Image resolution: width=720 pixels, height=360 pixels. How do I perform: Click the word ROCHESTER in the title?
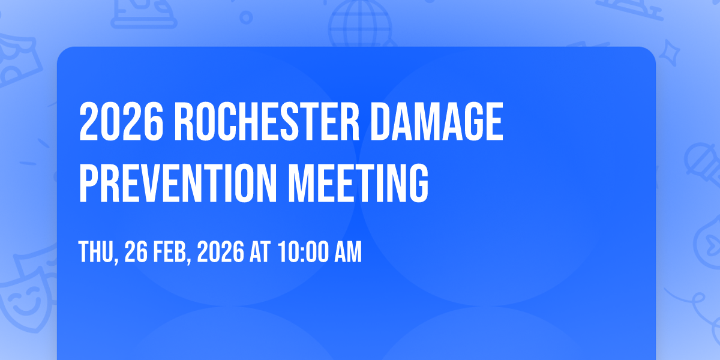click(266, 121)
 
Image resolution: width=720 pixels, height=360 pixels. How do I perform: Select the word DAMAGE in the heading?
click(437, 121)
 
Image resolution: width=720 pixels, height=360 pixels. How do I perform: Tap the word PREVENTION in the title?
click(178, 183)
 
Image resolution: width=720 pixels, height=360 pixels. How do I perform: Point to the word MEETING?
click(358, 183)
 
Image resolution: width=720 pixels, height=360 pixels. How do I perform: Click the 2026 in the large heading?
click(121, 121)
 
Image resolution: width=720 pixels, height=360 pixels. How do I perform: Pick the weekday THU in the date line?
click(96, 251)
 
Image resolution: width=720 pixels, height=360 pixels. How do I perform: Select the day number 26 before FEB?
click(136, 251)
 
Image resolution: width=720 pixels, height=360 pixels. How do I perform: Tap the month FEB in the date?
click(169, 251)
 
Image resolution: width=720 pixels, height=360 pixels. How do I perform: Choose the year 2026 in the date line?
click(221, 251)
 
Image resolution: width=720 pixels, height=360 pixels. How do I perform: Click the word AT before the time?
click(260, 251)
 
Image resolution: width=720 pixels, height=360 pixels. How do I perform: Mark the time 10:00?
click(303, 251)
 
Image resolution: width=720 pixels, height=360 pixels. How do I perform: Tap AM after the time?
click(348, 251)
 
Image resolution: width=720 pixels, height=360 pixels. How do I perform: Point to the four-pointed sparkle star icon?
click(669, 53)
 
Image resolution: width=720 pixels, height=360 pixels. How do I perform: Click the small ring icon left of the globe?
click(246, 17)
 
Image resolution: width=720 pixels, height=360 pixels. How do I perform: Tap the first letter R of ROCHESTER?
click(184, 121)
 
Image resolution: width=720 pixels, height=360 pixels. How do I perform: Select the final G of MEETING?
click(419, 183)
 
